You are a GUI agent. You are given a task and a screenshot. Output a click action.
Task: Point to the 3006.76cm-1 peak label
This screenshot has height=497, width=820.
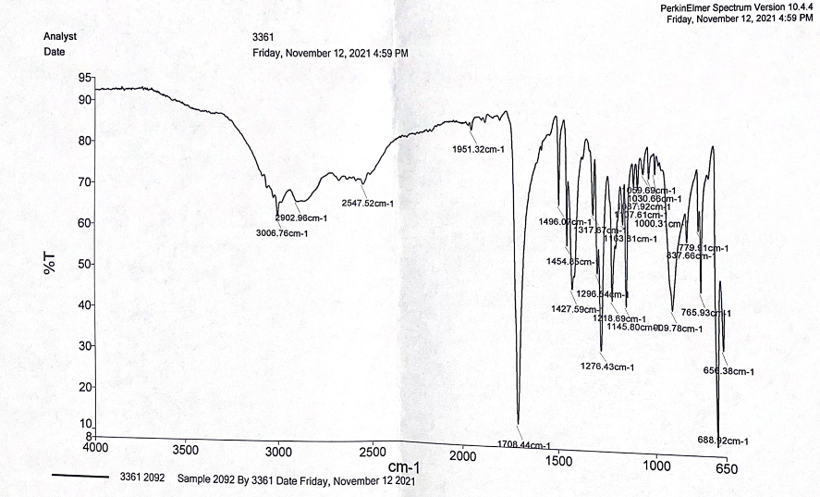[282, 233]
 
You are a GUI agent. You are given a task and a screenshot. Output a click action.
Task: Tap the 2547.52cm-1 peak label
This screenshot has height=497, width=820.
[367, 204]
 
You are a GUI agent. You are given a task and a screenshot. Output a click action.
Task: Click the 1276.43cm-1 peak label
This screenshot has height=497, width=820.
[606, 367]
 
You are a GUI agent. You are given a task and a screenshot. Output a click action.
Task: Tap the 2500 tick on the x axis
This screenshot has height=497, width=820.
[372, 451]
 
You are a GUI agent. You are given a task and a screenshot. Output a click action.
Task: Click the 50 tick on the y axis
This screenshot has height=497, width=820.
[85, 265]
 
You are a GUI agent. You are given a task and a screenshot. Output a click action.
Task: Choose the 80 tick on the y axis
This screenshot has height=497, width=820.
[85, 141]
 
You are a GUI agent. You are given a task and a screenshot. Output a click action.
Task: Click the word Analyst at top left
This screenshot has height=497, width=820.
[60, 36]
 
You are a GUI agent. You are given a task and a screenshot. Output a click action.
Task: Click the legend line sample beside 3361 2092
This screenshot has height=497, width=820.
[81, 478]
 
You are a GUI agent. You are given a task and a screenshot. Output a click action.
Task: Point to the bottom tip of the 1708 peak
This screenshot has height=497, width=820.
[519, 423]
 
